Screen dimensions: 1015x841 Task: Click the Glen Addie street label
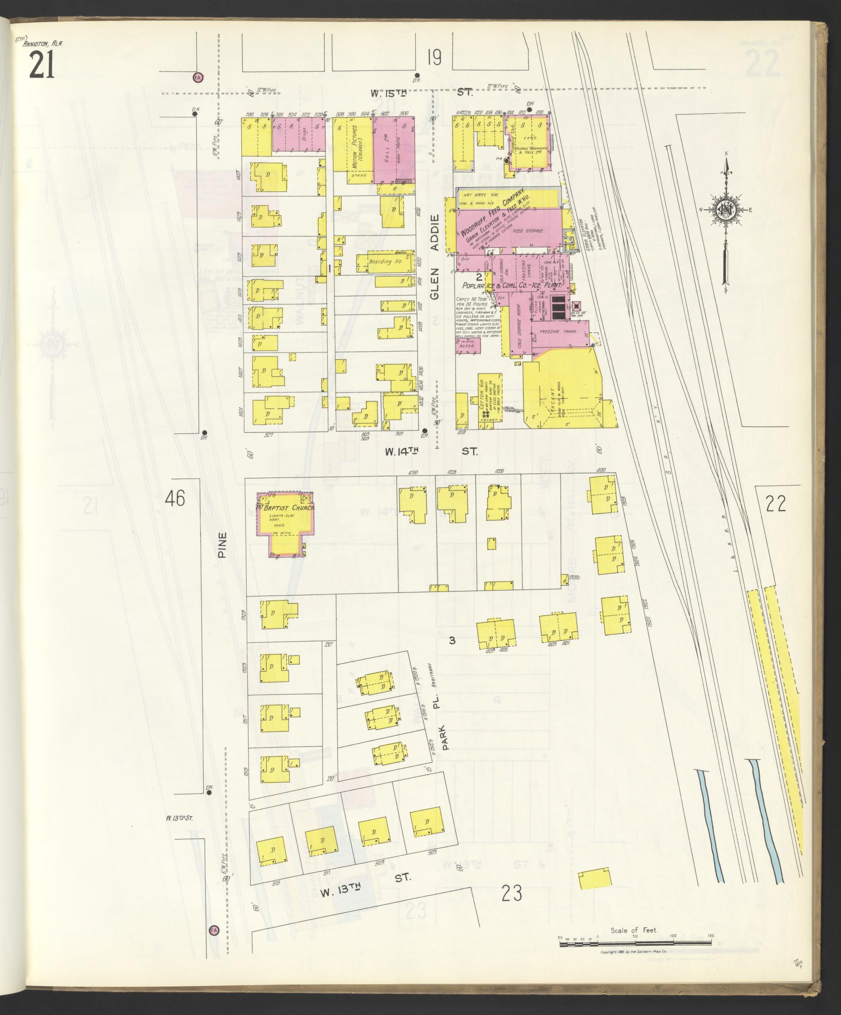tap(435, 257)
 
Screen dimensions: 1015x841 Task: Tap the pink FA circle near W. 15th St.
tap(198, 77)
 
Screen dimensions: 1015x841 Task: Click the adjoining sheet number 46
tap(176, 498)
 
